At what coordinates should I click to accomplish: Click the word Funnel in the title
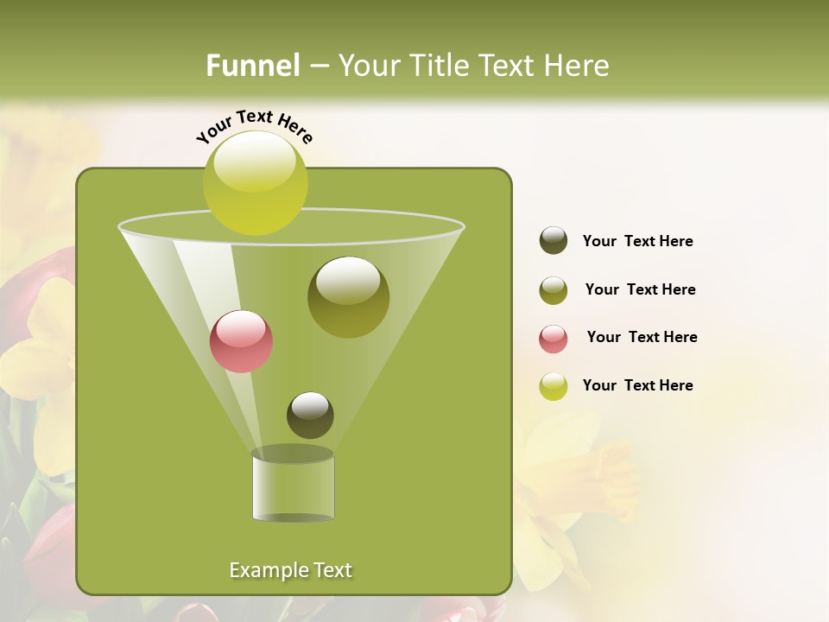[x=252, y=66]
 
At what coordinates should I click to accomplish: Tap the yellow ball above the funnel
[x=255, y=183]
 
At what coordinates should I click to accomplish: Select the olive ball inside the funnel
[x=348, y=297]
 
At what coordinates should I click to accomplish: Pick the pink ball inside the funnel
[x=241, y=341]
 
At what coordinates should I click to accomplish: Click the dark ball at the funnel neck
[x=310, y=416]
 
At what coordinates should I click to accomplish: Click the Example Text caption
[x=290, y=570]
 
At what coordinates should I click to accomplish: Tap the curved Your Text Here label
[x=254, y=126]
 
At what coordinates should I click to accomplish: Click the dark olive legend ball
[x=554, y=241]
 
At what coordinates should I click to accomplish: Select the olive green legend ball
[x=554, y=290]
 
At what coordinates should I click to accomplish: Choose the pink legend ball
[x=554, y=339]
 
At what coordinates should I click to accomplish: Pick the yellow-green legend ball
[x=554, y=386]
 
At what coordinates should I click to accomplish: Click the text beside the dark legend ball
[x=637, y=241]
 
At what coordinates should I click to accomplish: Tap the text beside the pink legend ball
[x=642, y=337]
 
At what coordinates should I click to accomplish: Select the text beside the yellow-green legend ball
[x=637, y=385]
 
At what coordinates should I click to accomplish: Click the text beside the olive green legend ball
[x=640, y=289]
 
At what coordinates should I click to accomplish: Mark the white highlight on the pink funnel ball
[x=240, y=327]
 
